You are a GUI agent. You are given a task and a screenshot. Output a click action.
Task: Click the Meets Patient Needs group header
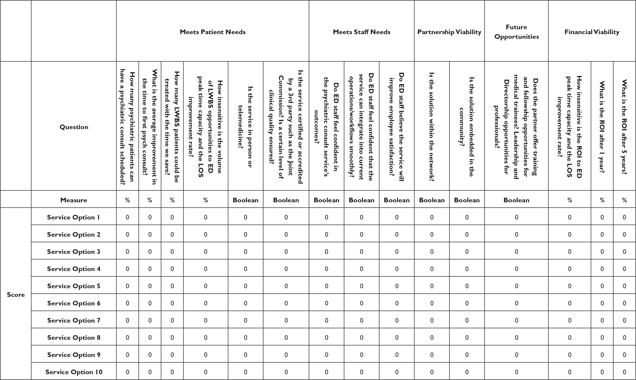click(x=213, y=32)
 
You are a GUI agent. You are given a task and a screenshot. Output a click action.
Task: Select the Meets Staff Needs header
click(x=361, y=32)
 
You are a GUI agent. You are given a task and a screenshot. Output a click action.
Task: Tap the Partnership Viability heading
click(x=449, y=32)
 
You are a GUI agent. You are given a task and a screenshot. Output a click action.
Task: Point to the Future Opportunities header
click(x=516, y=32)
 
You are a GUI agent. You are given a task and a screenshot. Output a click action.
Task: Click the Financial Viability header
click(x=592, y=32)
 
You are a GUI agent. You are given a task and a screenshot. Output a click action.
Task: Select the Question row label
click(x=74, y=127)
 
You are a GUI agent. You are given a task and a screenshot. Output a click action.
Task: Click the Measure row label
click(x=74, y=200)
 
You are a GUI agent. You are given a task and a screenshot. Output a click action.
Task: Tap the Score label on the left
click(x=16, y=295)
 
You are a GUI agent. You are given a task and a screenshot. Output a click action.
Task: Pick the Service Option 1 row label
click(x=74, y=217)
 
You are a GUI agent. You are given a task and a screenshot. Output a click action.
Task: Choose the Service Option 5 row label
click(x=74, y=286)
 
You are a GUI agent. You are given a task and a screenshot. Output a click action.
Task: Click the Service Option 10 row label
click(x=74, y=372)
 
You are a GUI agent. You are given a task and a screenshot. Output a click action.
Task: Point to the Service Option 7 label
click(x=74, y=320)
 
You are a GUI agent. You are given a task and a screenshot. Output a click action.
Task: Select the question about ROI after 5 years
click(x=624, y=127)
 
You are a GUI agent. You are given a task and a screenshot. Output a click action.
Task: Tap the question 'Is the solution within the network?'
click(x=432, y=127)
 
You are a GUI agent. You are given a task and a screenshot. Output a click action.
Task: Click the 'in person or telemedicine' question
click(x=245, y=127)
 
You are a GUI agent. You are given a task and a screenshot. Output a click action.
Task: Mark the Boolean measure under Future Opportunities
click(x=516, y=200)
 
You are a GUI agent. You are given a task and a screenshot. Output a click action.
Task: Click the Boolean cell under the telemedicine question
click(x=245, y=200)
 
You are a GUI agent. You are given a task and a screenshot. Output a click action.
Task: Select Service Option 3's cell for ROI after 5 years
click(x=624, y=252)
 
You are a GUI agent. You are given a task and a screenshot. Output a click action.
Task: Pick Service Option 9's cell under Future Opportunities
click(x=516, y=355)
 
